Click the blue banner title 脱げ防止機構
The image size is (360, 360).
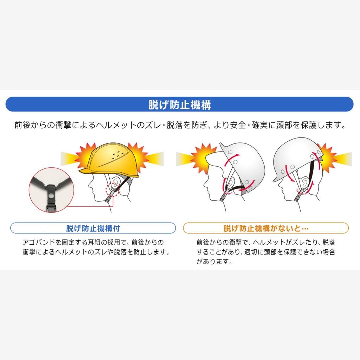pos(180,104)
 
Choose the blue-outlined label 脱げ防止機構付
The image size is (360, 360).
pos(93,228)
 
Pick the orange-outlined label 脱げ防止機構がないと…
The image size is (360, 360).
pos(266,228)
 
